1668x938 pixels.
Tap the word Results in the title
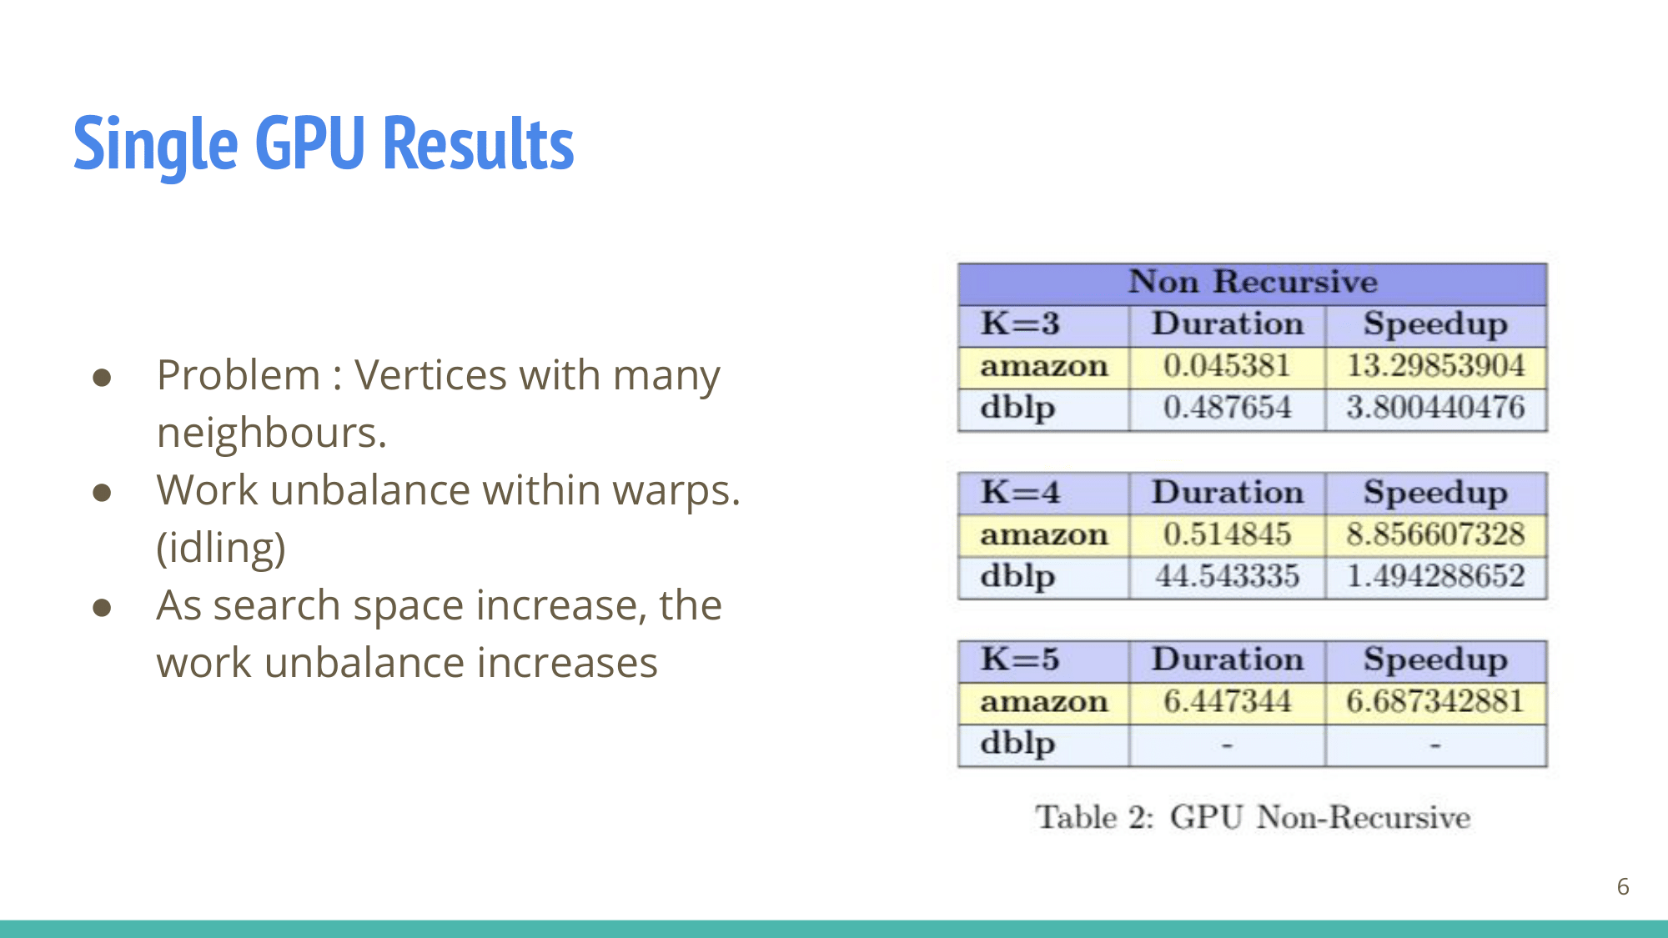coord(478,143)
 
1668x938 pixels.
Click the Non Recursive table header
coord(1253,282)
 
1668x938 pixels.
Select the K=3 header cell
coord(1020,324)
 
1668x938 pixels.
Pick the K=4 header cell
coord(1020,492)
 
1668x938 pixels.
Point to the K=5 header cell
coord(1020,660)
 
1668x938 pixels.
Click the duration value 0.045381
coord(1227,366)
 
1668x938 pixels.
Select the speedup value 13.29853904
coord(1435,366)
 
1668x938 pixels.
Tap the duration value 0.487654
coord(1227,408)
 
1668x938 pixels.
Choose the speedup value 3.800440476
coord(1435,408)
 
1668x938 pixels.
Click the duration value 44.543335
coord(1227,576)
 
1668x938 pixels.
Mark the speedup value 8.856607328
coord(1435,534)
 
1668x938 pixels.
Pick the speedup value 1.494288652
coord(1435,576)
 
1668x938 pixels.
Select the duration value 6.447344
coord(1227,701)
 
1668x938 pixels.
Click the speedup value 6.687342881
coord(1435,701)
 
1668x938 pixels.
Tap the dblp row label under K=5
coord(1017,744)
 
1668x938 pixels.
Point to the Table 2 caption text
coord(1253,817)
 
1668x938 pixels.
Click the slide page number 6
coord(1623,886)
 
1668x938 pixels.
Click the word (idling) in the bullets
coord(221,549)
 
